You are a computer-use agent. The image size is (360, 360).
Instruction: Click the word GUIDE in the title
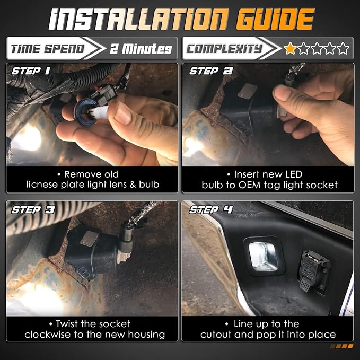click(x=275, y=19)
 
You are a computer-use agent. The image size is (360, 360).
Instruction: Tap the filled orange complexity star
click(x=290, y=48)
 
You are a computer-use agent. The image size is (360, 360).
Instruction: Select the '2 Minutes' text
click(x=141, y=49)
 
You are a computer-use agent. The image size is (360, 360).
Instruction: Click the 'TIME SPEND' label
click(x=47, y=49)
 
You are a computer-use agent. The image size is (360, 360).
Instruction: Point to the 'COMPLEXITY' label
click(x=224, y=49)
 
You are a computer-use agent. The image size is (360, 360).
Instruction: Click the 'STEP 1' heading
click(x=31, y=71)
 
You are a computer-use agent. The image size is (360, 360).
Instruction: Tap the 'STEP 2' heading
click(x=211, y=71)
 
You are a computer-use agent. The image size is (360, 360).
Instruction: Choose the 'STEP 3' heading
click(x=33, y=210)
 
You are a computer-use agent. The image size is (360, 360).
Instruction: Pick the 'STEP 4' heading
click(x=211, y=209)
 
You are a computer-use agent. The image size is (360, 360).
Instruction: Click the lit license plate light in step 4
click(x=264, y=256)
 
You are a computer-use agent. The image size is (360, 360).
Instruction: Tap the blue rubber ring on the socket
click(x=85, y=112)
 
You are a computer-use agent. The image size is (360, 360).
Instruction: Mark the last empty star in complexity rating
click(x=343, y=48)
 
